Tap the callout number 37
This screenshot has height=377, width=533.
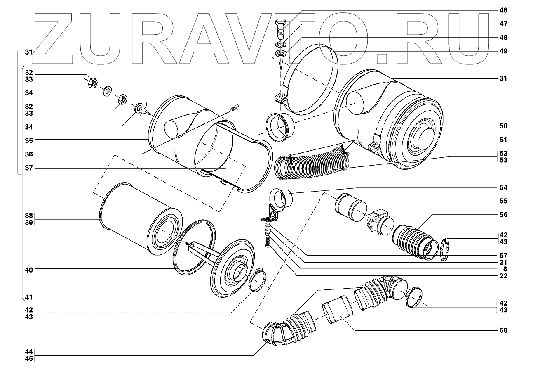tap(28, 168)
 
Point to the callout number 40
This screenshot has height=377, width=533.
tap(28, 269)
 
